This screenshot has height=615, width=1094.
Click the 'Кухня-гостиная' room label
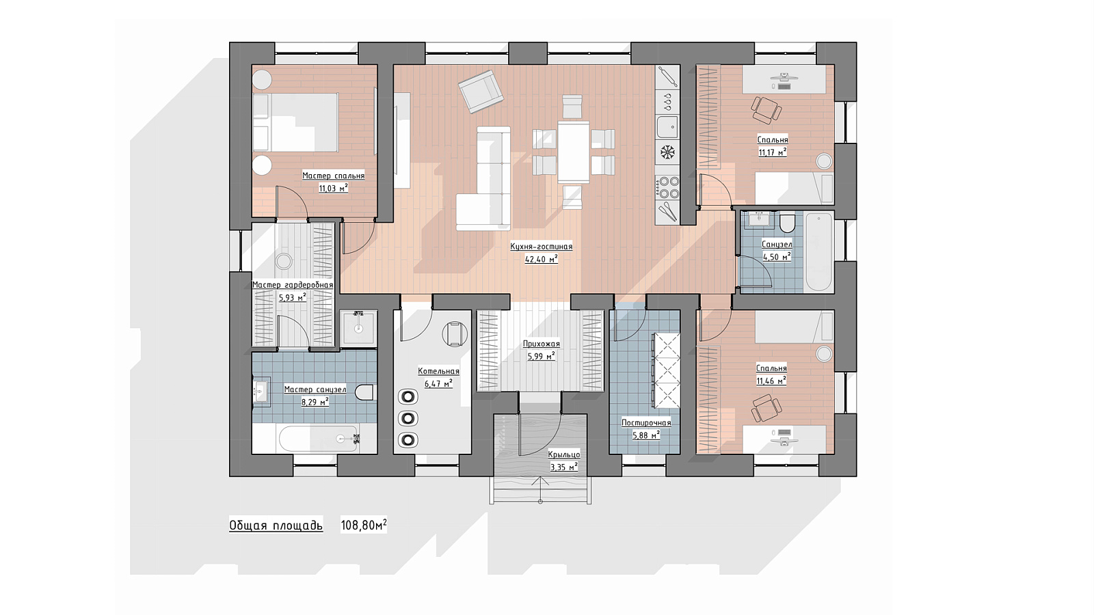541,247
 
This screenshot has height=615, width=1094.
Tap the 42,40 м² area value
541,259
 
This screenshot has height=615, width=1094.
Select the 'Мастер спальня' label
333,176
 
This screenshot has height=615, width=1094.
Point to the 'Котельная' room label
438,372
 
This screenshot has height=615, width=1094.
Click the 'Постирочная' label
646,423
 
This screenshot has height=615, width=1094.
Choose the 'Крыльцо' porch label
564,455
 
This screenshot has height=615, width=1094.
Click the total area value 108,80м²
364,525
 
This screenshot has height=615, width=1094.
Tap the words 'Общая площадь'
276,525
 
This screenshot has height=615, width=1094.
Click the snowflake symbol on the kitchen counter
667,152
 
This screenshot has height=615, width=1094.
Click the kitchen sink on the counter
667,127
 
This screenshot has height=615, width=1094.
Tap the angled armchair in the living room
481,92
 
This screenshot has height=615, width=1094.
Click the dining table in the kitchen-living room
574,151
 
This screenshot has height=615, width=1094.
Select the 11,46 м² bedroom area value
771,381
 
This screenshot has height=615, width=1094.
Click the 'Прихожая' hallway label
541,344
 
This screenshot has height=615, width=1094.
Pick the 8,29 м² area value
315,402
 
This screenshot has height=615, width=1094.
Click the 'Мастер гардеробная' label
293,285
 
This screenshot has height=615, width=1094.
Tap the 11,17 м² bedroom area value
773,152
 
